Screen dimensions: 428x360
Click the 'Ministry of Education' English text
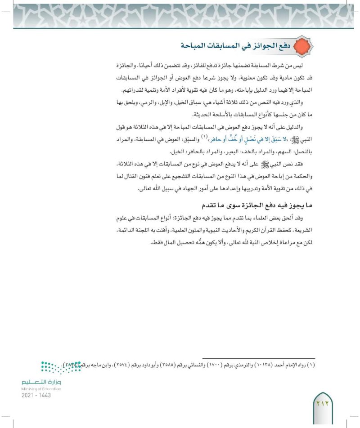(40, 388)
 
